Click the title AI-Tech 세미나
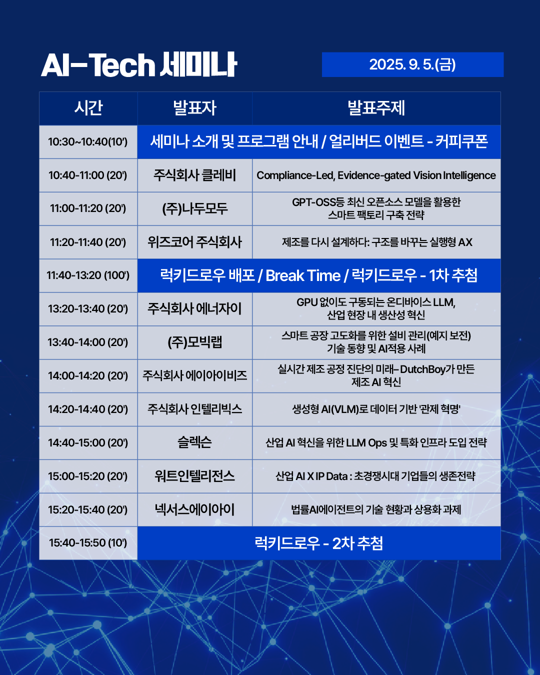pyautogui.click(x=139, y=65)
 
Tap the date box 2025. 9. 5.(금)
pyautogui.click(x=412, y=64)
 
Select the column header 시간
pyautogui.click(x=88, y=108)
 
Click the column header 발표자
pyautogui.click(x=195, y=108)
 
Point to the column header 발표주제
pyautogui.click(x=376, y=108)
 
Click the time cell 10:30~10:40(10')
pyautogui.click(x=88, y=142)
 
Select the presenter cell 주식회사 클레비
pyautogui.click(x=194, y=175)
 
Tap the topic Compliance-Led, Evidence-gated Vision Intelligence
pyautogui.click(x=376, y=175)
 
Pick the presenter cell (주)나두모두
pyautogui.click(x=194, y=209)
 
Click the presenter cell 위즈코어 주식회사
pyautogui.click(x=194, y=242)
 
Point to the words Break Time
pyautogui.click(x=303, y=276)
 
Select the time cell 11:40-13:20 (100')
pyautogui.click(x=88, y=275)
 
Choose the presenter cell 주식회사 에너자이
pyautogui.click(x=194, y=308)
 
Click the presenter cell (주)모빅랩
pyautogui.click(x=194, y=342)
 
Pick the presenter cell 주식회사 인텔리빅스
pyautogui.click(x=194, y=409)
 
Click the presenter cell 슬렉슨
pyautogui.click(x=194, y=442)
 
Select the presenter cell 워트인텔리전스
pyautogui.click(x=194, y=476)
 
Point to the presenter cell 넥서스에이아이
pyautogui.click(x=194, y=509)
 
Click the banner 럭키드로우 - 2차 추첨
pyautogui.click(x=319, y=543)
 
